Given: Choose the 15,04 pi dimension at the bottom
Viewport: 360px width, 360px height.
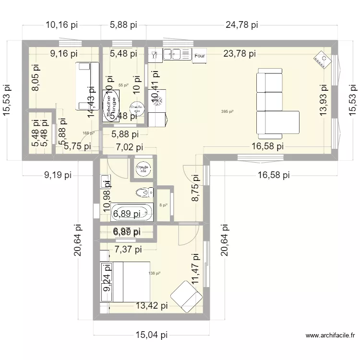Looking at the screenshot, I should tap(151, 335).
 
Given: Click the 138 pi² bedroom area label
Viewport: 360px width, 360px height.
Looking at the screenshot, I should tap(154, 273).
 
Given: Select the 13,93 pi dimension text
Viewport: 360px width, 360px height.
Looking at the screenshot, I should tap(325, 100).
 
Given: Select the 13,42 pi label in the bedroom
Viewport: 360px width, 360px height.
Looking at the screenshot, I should tap(151, 305).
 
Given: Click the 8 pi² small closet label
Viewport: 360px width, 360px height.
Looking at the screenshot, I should tap(164, 205).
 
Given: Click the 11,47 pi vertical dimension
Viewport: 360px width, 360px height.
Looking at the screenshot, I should tap(195, 270).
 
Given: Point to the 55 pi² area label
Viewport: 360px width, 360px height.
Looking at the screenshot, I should tap(123, 85).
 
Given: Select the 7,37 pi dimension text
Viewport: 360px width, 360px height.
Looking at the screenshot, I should tap(128, 249).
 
